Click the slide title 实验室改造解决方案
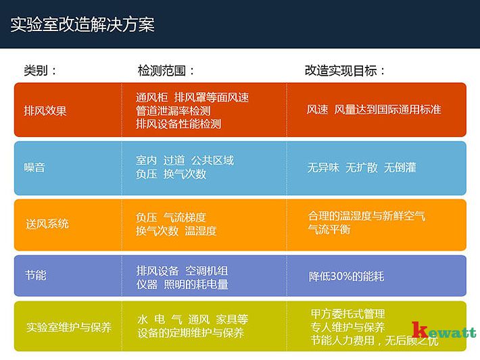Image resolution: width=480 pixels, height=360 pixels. [82, 25]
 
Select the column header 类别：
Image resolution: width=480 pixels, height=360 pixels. [41, 70]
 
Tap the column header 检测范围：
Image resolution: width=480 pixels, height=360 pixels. [166, 70]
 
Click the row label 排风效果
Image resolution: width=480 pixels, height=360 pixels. [45, 110]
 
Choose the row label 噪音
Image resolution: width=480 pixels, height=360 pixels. [34, 168]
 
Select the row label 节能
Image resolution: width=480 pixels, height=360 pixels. [34, 276]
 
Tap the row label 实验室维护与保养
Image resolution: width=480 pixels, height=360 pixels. [69, 327]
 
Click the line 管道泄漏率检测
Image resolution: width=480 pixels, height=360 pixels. [173, 110]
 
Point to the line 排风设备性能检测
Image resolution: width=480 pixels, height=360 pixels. [178, 124]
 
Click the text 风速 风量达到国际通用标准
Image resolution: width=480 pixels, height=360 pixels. [374, 109]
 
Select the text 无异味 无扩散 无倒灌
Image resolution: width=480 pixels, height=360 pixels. [362, 167]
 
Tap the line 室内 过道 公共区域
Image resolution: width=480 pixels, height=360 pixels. [185, 160]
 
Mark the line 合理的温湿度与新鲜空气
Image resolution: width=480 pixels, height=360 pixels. [366, 216]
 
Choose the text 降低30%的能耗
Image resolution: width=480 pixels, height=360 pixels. [346, 276]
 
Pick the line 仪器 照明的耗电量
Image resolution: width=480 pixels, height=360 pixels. [182, 284]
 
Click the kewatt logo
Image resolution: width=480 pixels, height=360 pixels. [443, 330]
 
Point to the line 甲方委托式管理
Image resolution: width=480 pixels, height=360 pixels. [347, 314]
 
